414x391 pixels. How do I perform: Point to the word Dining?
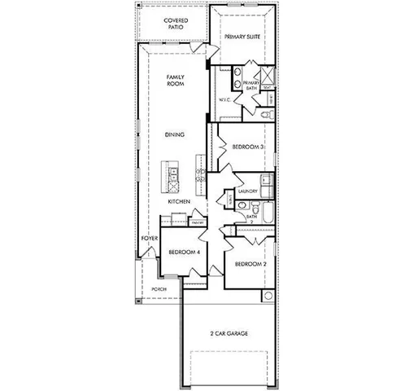coord(174,134)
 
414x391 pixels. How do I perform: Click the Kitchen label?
coord(179,200)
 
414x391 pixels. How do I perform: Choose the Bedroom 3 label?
coord(246,147)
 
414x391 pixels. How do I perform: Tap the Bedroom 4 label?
coord(185,252)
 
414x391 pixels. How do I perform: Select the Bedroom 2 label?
coord(249,265)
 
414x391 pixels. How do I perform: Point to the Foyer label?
coord(149,238)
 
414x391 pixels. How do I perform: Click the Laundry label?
coord(248,191)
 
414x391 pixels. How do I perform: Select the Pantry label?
coord(196,221)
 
